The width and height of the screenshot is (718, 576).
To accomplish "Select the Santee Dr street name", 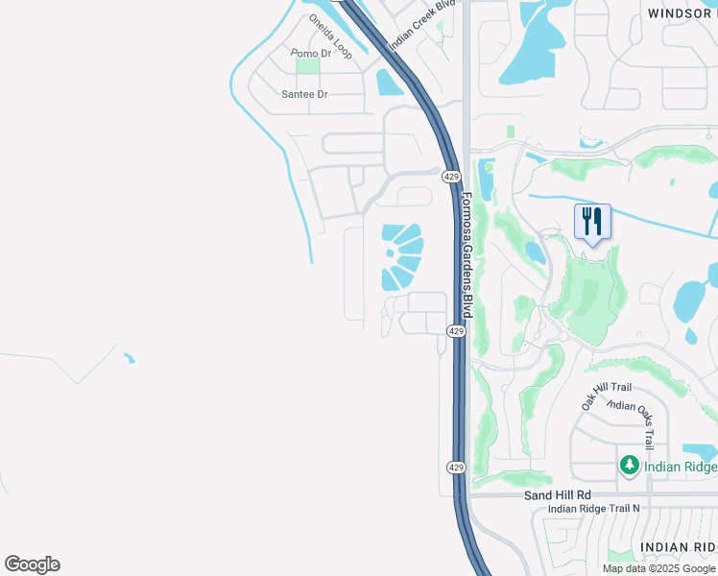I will click(304, 94).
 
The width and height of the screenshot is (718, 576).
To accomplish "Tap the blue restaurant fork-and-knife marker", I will click(592, 223).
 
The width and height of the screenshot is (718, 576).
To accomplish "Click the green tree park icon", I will click(630, 467).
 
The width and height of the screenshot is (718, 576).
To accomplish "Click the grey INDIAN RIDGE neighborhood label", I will click(678, 545).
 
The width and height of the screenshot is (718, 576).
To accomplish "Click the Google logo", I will click(32, 564).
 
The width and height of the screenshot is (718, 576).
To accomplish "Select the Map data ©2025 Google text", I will click(658, 568).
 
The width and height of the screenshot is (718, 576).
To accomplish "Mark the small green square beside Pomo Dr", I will click(307, 66).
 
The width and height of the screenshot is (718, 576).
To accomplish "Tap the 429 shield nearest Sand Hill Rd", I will click(456, 467).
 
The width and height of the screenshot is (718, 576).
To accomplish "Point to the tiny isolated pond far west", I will click(130, 359).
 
